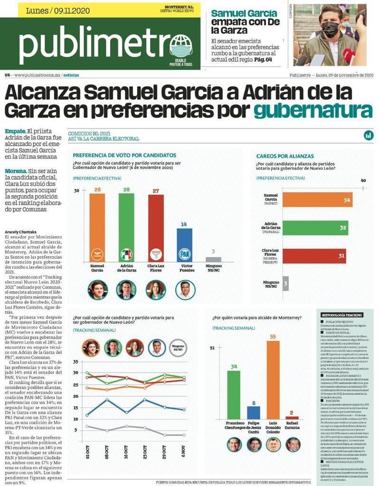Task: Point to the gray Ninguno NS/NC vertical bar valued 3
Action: pos(213,259)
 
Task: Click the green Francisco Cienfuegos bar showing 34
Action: pos(234,394)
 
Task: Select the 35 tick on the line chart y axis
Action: pos(76,362)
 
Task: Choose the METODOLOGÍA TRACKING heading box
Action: pos(342,315)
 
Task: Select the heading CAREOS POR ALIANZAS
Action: pos(285,156)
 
